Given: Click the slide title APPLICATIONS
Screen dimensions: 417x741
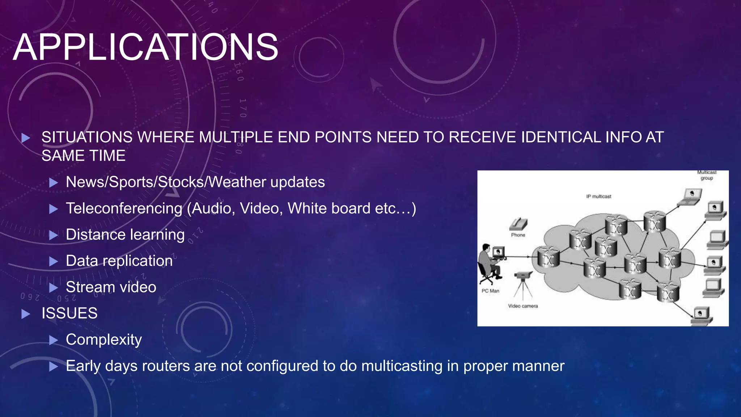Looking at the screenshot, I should [x=145, y=47].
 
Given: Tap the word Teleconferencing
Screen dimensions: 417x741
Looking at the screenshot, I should [x=124, y=208].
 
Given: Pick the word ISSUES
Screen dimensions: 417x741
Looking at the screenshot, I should [x=69, y=313].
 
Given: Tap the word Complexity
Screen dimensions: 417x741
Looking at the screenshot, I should [x=104, y=340].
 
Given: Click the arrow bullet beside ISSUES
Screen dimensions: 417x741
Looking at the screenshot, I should [x=26, y=314].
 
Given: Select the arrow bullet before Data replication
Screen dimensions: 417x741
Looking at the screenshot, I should [x=54, y=261].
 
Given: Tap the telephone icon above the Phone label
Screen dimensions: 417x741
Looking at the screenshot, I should [x=518, y=224].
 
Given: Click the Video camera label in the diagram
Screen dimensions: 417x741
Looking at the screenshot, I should [x=523, y=306].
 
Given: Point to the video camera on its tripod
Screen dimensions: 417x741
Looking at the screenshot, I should [x=522, y=281].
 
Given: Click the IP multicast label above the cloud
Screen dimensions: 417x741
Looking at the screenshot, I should [x=599, y=196].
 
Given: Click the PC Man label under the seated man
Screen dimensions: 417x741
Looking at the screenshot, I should [x=490, y=291].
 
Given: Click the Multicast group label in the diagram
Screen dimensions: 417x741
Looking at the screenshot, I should [x=707, y=175].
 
